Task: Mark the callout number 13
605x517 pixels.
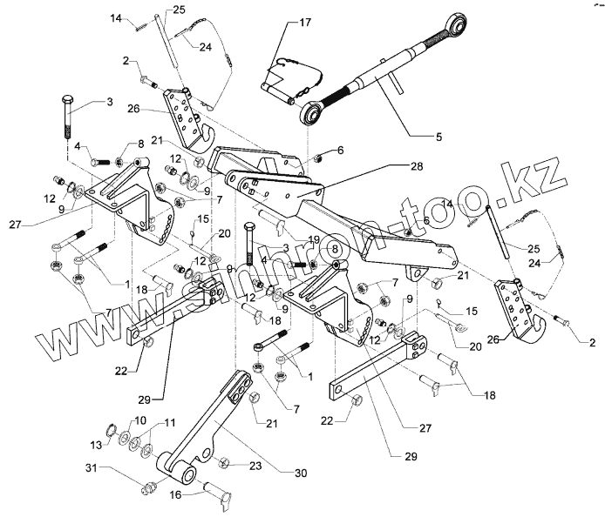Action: point(98,445)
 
